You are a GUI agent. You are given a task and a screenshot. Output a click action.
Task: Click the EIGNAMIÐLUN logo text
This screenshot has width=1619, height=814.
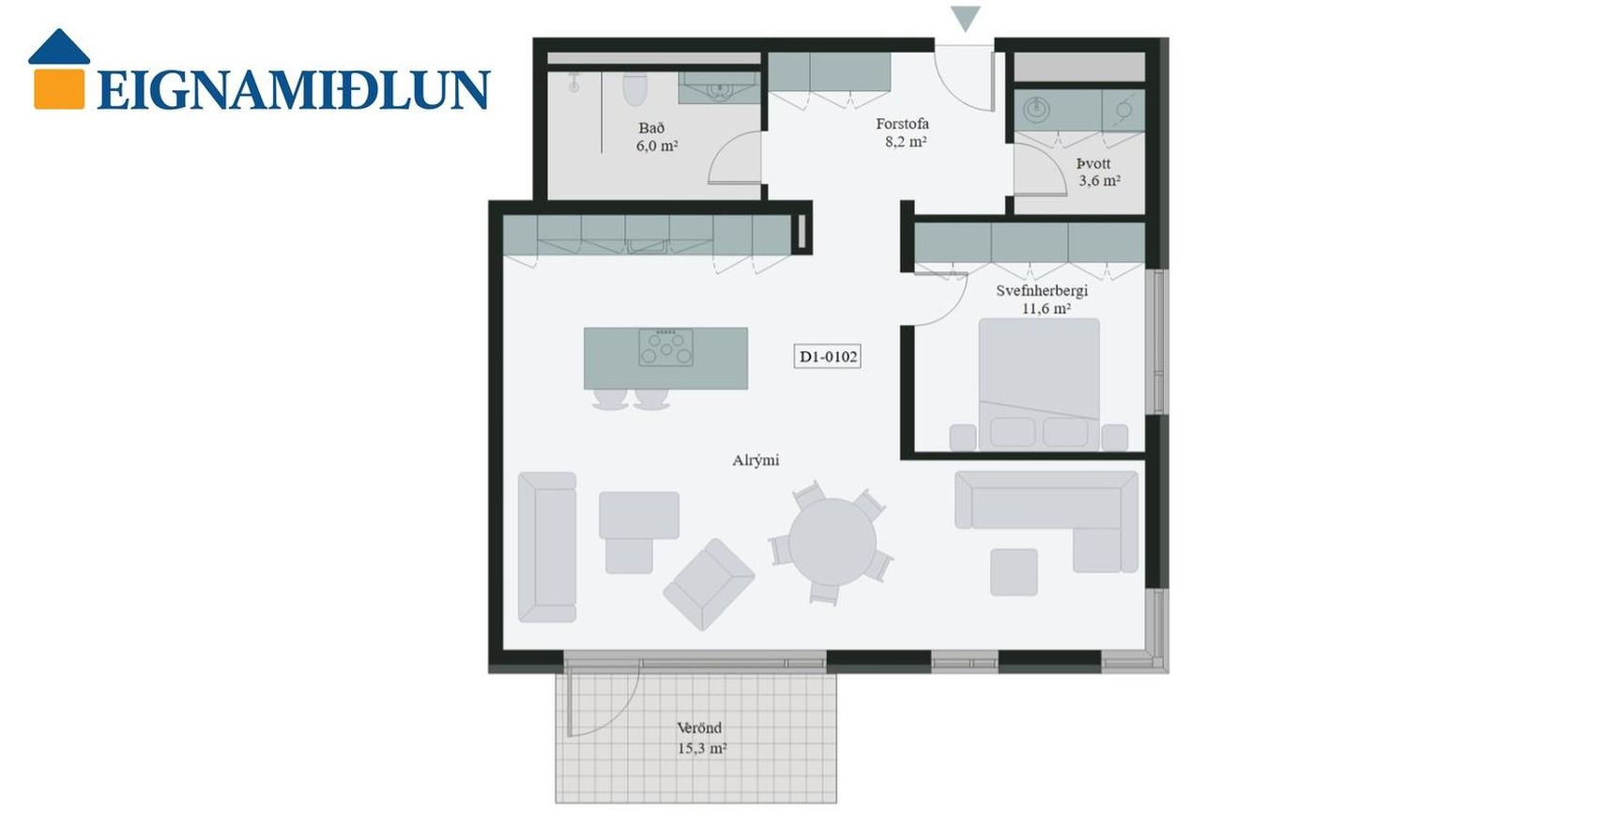pyautogui.click(x=293, y=90)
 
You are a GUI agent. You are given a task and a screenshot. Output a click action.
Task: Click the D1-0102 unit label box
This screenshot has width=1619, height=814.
pyautogui.click(x=827, y=357)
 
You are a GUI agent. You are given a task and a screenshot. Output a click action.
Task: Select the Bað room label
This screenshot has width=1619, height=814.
pyautogui.click(x=651, y=129)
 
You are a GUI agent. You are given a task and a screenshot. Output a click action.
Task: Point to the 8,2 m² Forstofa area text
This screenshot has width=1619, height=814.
pyautogui.click(x=906, y=143)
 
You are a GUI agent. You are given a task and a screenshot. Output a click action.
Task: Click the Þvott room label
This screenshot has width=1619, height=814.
pyautogui.click(x=1093, y=163)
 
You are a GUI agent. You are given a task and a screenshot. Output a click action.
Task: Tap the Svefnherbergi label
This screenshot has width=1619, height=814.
pyautogui.click(x=1042, y=291)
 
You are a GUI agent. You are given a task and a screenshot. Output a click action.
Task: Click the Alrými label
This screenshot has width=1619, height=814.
pyautogui.click(x=756, y=461)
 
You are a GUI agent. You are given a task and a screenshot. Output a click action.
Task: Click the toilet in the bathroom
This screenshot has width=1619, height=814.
pyautogui.click(x=635, y=89)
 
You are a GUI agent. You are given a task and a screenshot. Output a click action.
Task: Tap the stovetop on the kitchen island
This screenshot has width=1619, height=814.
pyautogui.click(x=665, y=346)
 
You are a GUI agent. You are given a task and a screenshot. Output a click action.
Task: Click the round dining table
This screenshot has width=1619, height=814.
pyautogui.click(x=832, y=542)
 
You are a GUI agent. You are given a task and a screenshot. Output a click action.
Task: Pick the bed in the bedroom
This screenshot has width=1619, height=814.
pyautogui.click(x=1039, y=384)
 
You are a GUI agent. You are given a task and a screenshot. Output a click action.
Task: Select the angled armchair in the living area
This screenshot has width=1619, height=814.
pyautogui.click(x=709, y=584)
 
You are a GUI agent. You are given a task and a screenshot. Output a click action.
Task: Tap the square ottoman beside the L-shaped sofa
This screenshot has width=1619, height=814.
pyautogui.click(x=1014, y=573)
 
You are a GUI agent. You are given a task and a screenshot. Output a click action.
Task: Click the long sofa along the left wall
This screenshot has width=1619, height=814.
pyautogui.click(x=547, y=547)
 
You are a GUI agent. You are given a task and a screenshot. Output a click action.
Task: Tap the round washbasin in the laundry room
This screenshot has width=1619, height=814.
pyautogui.click(x=1036, y=110)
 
